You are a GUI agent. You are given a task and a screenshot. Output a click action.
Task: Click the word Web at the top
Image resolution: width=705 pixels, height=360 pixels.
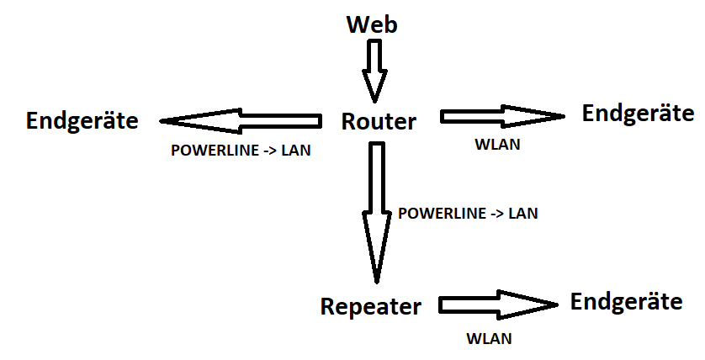[x=372, y=24]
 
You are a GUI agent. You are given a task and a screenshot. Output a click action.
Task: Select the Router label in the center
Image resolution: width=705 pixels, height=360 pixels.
[x=379, y=122]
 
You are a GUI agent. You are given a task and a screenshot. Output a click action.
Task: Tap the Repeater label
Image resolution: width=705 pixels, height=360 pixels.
[x=370, y=306]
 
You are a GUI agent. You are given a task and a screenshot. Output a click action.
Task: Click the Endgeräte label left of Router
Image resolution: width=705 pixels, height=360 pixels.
[x=82, y=120]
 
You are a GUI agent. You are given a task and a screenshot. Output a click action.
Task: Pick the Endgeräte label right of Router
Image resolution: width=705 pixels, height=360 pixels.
[x=638, y=113]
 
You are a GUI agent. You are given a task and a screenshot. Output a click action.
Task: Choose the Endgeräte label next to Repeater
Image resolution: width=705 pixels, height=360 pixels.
[x=627, y=301]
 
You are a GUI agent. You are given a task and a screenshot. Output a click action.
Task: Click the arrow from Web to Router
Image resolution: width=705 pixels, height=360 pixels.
[x=374, y=71]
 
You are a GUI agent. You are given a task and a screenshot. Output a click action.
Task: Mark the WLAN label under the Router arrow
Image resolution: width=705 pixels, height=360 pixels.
[x=497, y=145]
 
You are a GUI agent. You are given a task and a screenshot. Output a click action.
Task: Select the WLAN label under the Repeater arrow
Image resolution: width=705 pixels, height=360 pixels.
[x=489, y=340]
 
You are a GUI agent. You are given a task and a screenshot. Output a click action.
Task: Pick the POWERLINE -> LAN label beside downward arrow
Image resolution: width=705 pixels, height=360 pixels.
[x=468, y=214]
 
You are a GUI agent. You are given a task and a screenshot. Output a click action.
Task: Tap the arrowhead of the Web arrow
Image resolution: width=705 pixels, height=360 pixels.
[x=374, y=86]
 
